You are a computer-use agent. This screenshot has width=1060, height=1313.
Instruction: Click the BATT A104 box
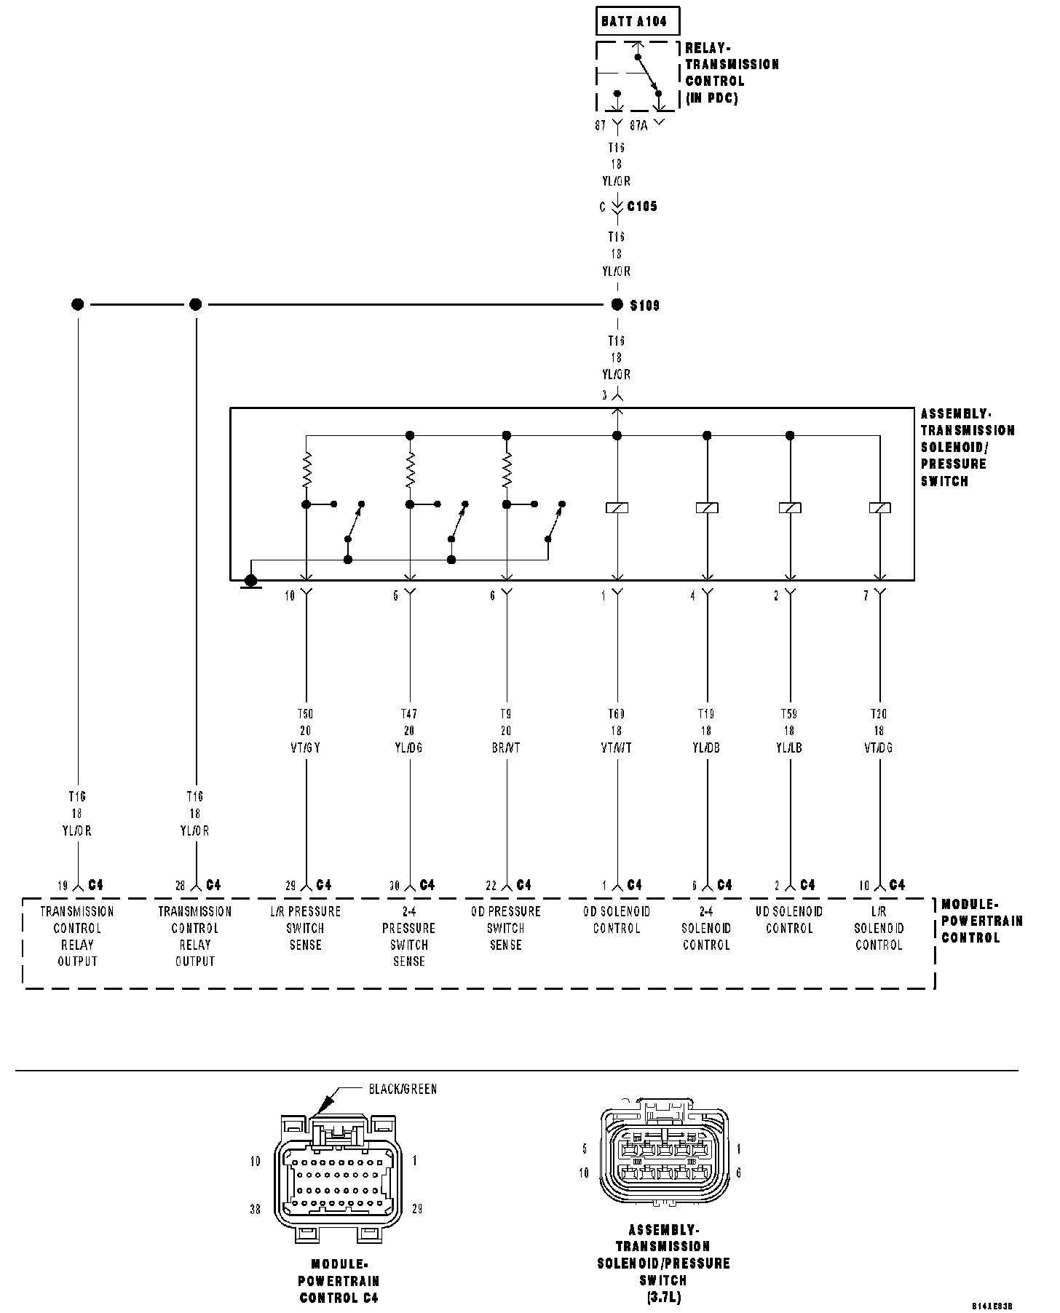pyautogui.click(x=637, y=22)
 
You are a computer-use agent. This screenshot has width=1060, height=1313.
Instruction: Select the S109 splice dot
pyautogui.click(x=617, y=304)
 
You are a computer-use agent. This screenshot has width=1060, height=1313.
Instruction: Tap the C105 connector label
pyautogui.click(x=642, y=207)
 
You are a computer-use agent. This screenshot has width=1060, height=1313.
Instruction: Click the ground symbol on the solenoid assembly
pyautogui.click(x=250, y=582)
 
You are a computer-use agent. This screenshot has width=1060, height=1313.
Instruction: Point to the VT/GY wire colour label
pyautogui.click(x=306, y=747)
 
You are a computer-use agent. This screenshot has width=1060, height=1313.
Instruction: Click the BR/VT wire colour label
pyautogui.click(x=506, y=747)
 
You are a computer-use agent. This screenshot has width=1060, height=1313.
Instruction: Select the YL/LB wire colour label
pyautogui.click(x=789, y=747)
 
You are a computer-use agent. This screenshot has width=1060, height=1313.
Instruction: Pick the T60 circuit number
pyautogui.click(x=617, y=714)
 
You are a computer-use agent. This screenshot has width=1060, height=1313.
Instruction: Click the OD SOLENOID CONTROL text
pyautogui.click(x=617, y=920)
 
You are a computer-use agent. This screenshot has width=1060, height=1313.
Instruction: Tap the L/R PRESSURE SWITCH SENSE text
pyautogui.click(x=305, y=928)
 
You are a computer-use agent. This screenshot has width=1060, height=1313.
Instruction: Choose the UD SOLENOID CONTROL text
pyautogui.click(x=789, y=920)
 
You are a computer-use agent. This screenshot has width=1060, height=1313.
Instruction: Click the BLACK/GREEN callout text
pyautogui.click(x=403, y=1089)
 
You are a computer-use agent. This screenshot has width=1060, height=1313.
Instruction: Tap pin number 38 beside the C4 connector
pyautogui.click(x=256, y=1209)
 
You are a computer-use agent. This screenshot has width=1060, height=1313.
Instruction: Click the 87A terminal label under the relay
pyautogui.click(x=638, y=125)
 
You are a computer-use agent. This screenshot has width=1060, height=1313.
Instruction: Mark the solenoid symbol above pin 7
pyautogui.click(x=879, y=508)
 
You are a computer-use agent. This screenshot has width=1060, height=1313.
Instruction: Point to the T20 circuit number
pyautogui.click(x=879, y=714)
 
